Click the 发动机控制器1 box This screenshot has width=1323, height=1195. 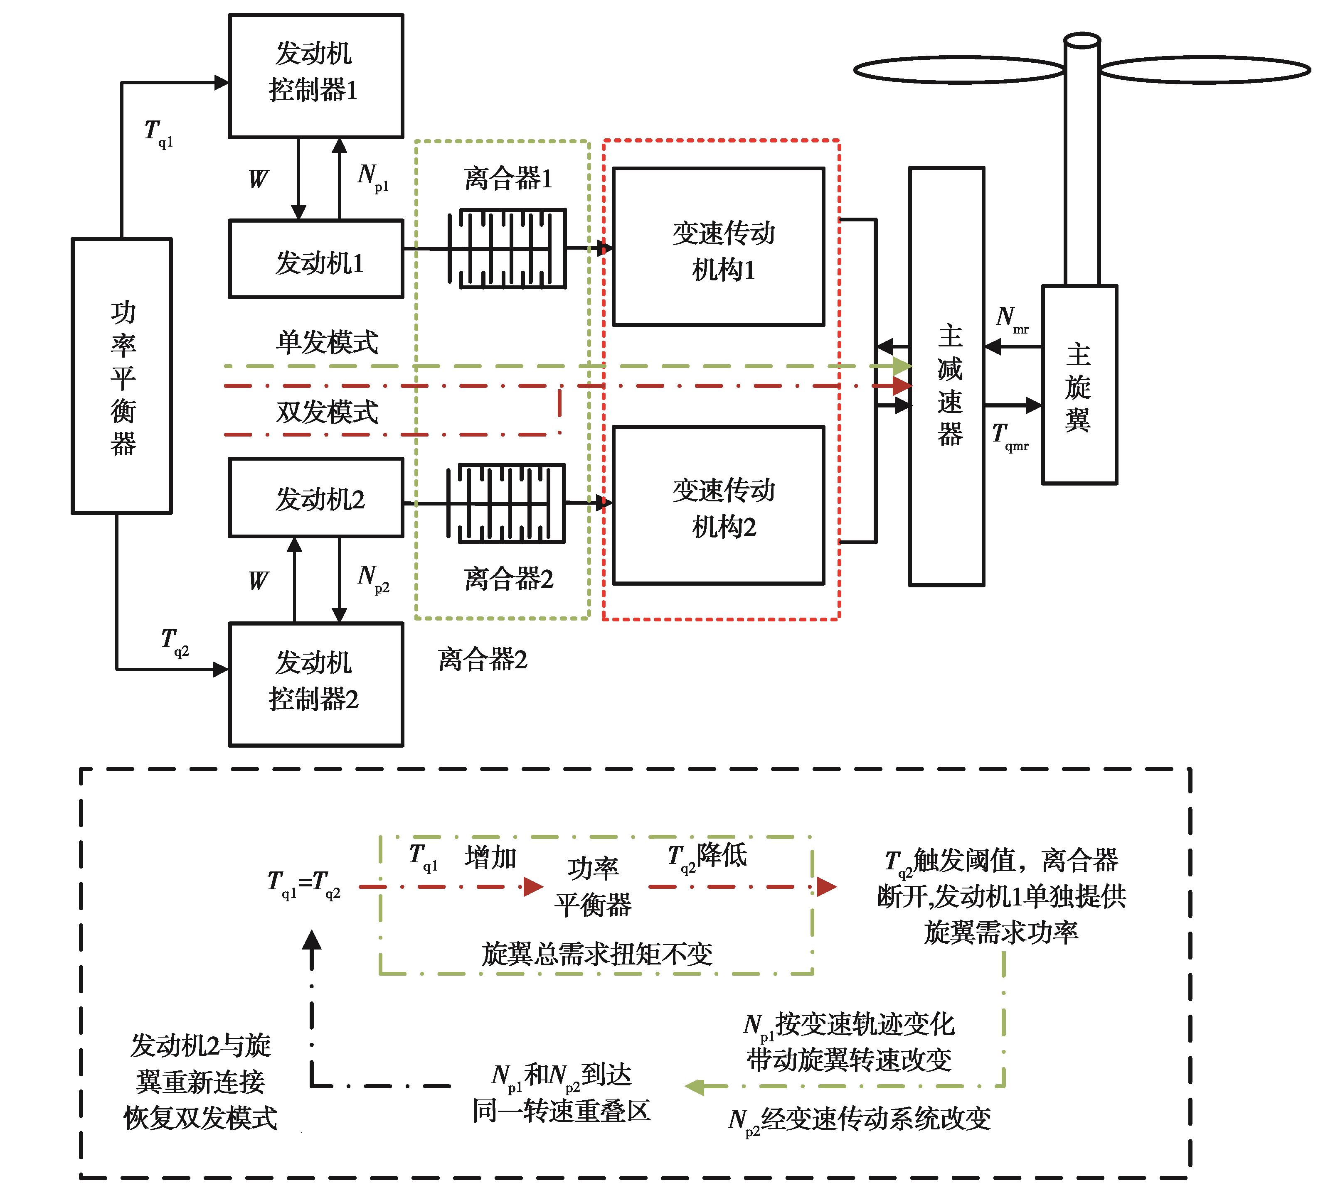coord(315,76)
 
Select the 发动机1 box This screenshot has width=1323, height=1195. coord(315,259)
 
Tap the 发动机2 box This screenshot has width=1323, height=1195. coord(315,498)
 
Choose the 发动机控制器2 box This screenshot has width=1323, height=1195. coord(315,684)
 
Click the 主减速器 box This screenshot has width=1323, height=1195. coord(946,376)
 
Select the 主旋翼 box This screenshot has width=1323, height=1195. coord(1079,385)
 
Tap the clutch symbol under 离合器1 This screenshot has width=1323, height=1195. coord(507,248)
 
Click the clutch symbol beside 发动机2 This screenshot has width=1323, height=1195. coord(505,503)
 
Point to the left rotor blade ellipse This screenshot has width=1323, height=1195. coord(958,69)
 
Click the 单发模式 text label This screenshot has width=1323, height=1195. coord(327,342)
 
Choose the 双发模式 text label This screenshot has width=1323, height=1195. coord(327,412)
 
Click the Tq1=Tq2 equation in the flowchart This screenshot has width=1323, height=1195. coord(304,884)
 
